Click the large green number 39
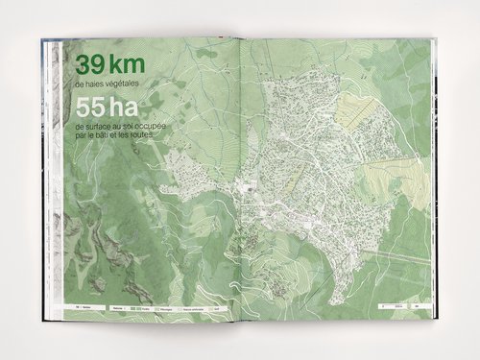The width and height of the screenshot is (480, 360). coord(89,66)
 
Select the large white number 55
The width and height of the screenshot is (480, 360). coord(89,109)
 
